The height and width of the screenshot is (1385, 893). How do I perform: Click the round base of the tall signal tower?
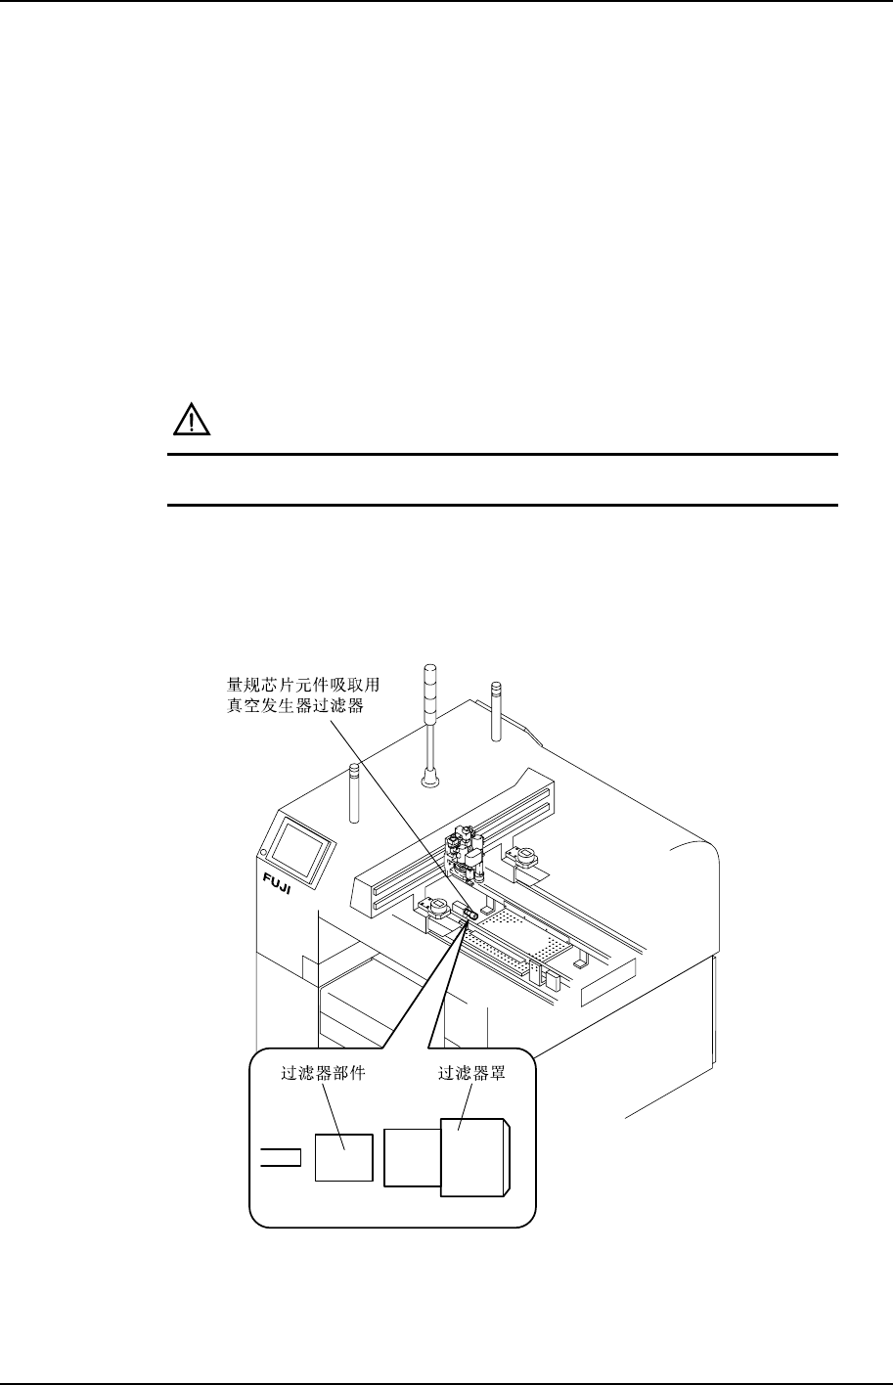tap(428, 780)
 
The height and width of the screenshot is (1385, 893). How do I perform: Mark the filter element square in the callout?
tap(343, 1156)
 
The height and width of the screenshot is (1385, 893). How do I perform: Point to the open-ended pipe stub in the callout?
tap(280, 1158)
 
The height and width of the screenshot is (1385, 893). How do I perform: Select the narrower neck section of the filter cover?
tap(412, 1156)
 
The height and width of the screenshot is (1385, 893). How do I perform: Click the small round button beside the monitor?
tap(263, 852)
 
